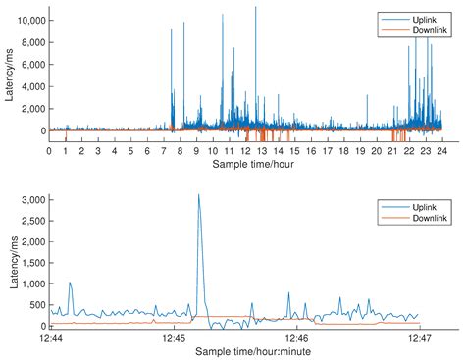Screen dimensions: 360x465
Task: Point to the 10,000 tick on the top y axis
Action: click(x=27, y=20)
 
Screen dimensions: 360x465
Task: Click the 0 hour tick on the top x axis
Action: click(x=50, y=151)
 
